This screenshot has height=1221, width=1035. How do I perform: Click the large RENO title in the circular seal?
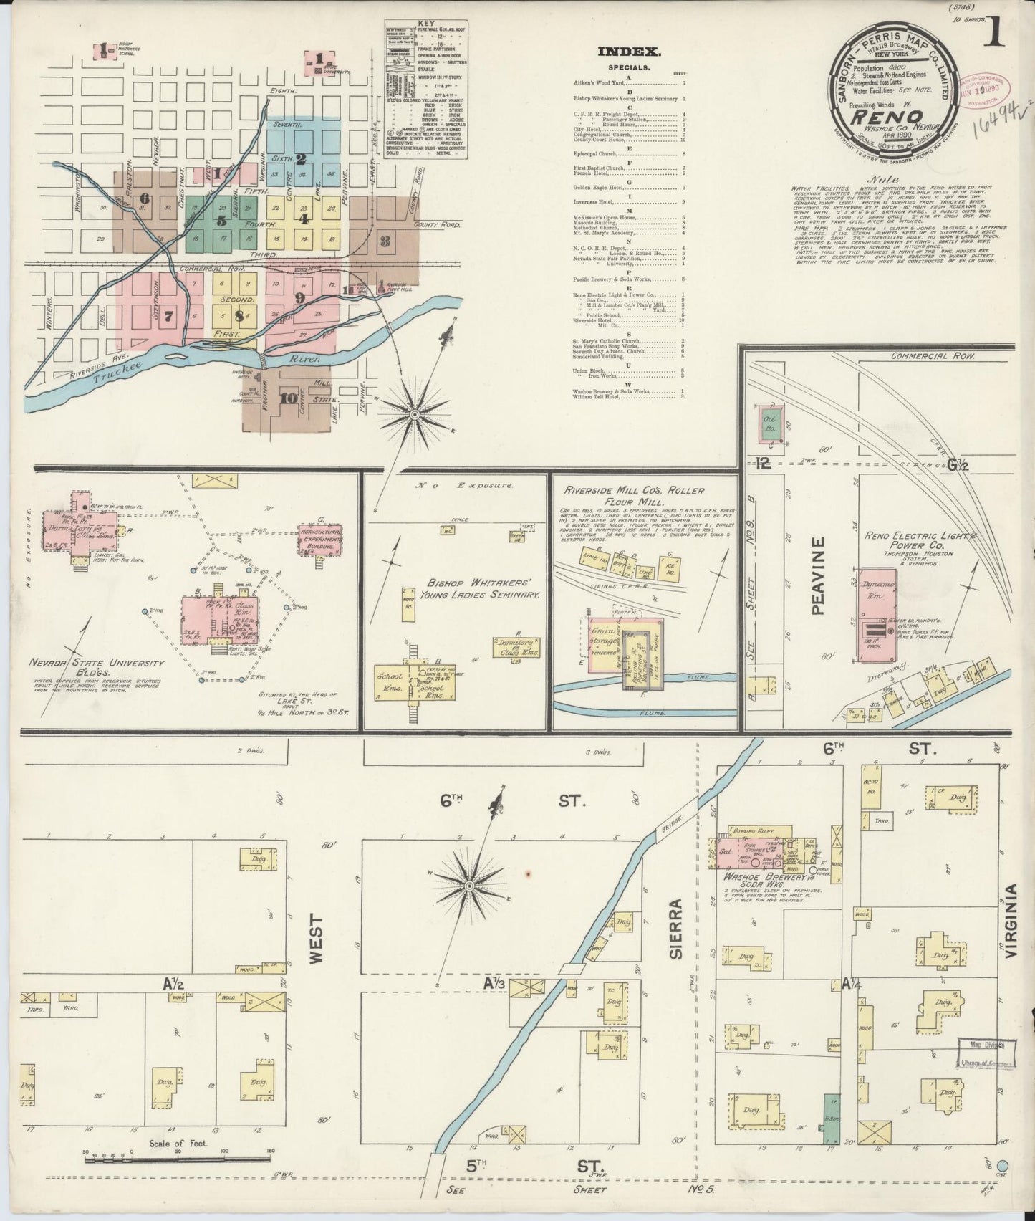tap(890, 113)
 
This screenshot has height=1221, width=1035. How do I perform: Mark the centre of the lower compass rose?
tap(468, 886)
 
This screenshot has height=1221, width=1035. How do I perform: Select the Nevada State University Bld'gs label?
tap(97, 667)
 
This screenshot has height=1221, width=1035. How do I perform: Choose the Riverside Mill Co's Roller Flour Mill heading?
tap(634, 496)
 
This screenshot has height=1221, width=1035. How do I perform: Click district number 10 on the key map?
tap(288, 399)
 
